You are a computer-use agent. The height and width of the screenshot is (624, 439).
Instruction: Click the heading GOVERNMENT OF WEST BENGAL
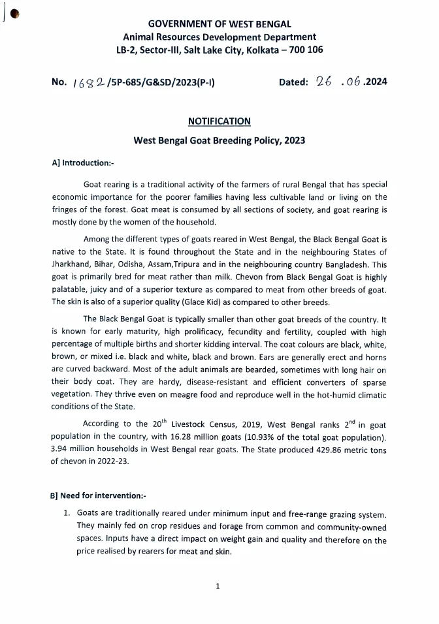tap(219, 24)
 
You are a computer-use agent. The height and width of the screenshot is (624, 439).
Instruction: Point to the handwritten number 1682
tap(88, 82)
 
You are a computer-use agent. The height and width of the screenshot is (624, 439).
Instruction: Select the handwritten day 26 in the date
tap(323, 82)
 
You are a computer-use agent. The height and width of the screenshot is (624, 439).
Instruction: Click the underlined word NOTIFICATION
tap(219, 121)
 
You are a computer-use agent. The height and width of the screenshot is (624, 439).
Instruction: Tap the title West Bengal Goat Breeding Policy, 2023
tap(219, 140)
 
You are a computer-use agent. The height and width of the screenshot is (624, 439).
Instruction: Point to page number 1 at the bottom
tap(218, 585)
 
